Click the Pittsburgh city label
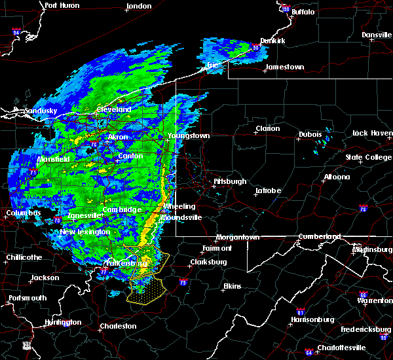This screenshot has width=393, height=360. [x=230, y=181]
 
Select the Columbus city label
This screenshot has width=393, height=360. [x=24, y=213]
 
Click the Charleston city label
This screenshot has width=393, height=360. [x=118, y=326]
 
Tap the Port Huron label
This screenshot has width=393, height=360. [x=62, y=5]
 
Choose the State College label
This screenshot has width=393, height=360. [x=368, y=158]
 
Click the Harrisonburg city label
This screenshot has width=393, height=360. [x=312, y=319]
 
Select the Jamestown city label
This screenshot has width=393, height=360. [x=284, y=67]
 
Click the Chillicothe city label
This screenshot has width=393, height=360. [x=24, y=257]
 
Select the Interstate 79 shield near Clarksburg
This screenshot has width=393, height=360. [x=183, y=282]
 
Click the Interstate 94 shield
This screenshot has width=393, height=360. [x=16, y=32]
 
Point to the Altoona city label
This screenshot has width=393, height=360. [x=337, y=177]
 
